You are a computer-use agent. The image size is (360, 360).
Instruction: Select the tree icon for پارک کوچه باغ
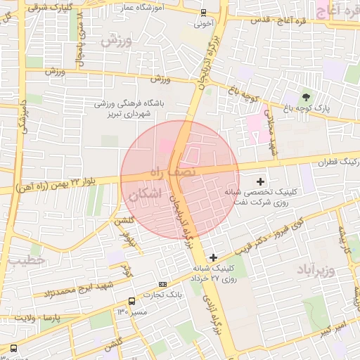(x=306, y=96)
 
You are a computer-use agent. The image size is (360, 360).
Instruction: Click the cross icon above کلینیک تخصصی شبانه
(x=261, y=181)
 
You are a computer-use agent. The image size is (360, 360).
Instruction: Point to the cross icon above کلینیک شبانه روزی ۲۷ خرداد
(x=214, y=258)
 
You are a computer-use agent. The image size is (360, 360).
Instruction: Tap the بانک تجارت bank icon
(x=163, y=285)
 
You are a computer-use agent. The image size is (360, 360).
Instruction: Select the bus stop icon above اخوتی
(x=203, y=12)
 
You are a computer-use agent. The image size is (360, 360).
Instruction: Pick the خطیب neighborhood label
(x=27, y=260)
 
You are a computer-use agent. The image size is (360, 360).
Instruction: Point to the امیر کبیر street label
(x=330, y=328)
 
